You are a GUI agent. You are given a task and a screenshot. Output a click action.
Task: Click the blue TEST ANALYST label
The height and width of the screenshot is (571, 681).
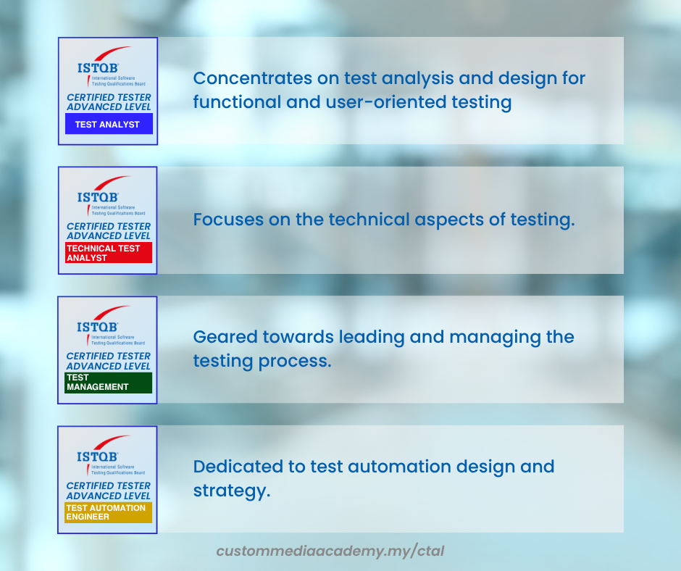click(109, 124)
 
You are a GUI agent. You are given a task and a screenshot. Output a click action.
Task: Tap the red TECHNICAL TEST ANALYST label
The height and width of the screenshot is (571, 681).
click(109, 252)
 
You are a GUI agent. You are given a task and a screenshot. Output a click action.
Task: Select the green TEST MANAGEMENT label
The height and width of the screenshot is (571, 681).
click(108, 383)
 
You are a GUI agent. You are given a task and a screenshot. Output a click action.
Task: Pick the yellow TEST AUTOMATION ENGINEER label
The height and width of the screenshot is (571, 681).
click(108, 512)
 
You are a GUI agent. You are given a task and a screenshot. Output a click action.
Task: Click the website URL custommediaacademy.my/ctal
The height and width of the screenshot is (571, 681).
click(330, 551)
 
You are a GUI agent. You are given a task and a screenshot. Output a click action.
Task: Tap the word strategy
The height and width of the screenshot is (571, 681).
click(232, 491)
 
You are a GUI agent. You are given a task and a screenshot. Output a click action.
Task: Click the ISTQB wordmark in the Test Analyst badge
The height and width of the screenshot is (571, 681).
click(98, 68)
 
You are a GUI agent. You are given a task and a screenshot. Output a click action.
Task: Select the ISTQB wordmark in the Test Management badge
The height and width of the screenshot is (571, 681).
click(97, 327)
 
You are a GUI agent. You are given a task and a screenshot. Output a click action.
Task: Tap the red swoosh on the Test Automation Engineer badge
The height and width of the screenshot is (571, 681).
click(112, 441)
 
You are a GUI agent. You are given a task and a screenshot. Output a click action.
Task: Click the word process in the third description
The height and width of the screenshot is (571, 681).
click(295, 362)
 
